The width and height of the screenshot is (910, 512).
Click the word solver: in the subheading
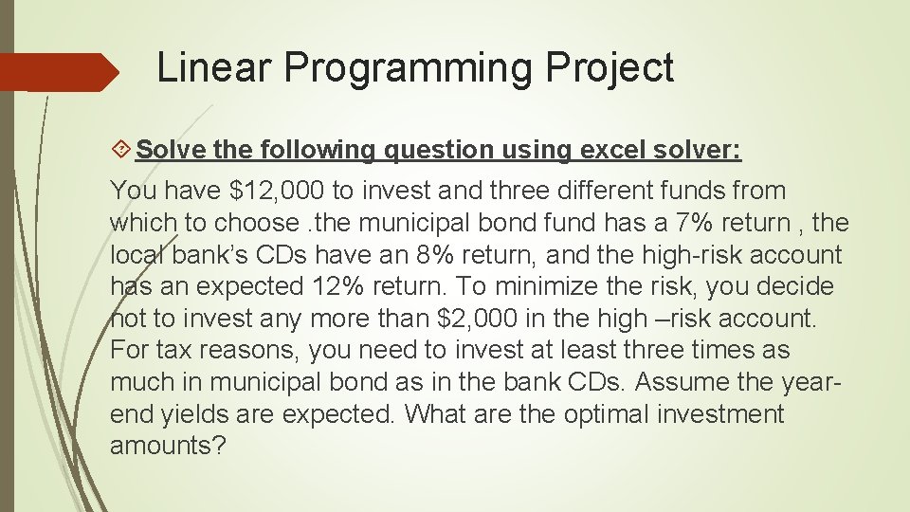[x=699, y=151]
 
